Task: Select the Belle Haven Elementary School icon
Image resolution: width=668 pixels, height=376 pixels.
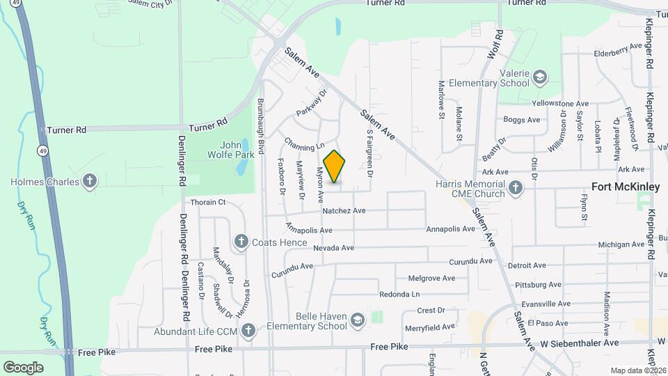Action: (358, 320)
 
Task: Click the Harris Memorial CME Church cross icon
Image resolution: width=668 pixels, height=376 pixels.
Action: (516, 187)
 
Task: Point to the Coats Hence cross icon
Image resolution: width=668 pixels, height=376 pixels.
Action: (241, 242)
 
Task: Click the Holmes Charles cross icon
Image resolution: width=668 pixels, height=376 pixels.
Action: (89, 182)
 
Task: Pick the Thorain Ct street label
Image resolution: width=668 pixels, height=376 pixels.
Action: (208, 203)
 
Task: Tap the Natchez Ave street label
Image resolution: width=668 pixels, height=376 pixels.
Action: (344, 210)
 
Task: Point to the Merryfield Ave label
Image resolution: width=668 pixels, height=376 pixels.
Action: (430, 326)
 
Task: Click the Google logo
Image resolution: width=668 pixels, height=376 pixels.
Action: (23, 367)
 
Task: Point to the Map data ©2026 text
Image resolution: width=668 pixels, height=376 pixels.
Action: (637, 370)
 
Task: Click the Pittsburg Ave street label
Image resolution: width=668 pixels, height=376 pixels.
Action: (538, 285)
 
